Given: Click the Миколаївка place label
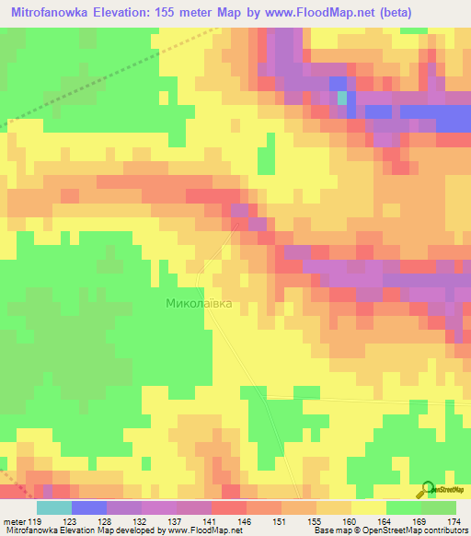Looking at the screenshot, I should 198,301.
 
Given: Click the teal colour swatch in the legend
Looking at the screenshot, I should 54,507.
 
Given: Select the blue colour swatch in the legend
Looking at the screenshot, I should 89,507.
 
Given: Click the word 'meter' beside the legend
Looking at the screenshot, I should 14,521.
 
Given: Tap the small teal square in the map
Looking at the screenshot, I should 342,97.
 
